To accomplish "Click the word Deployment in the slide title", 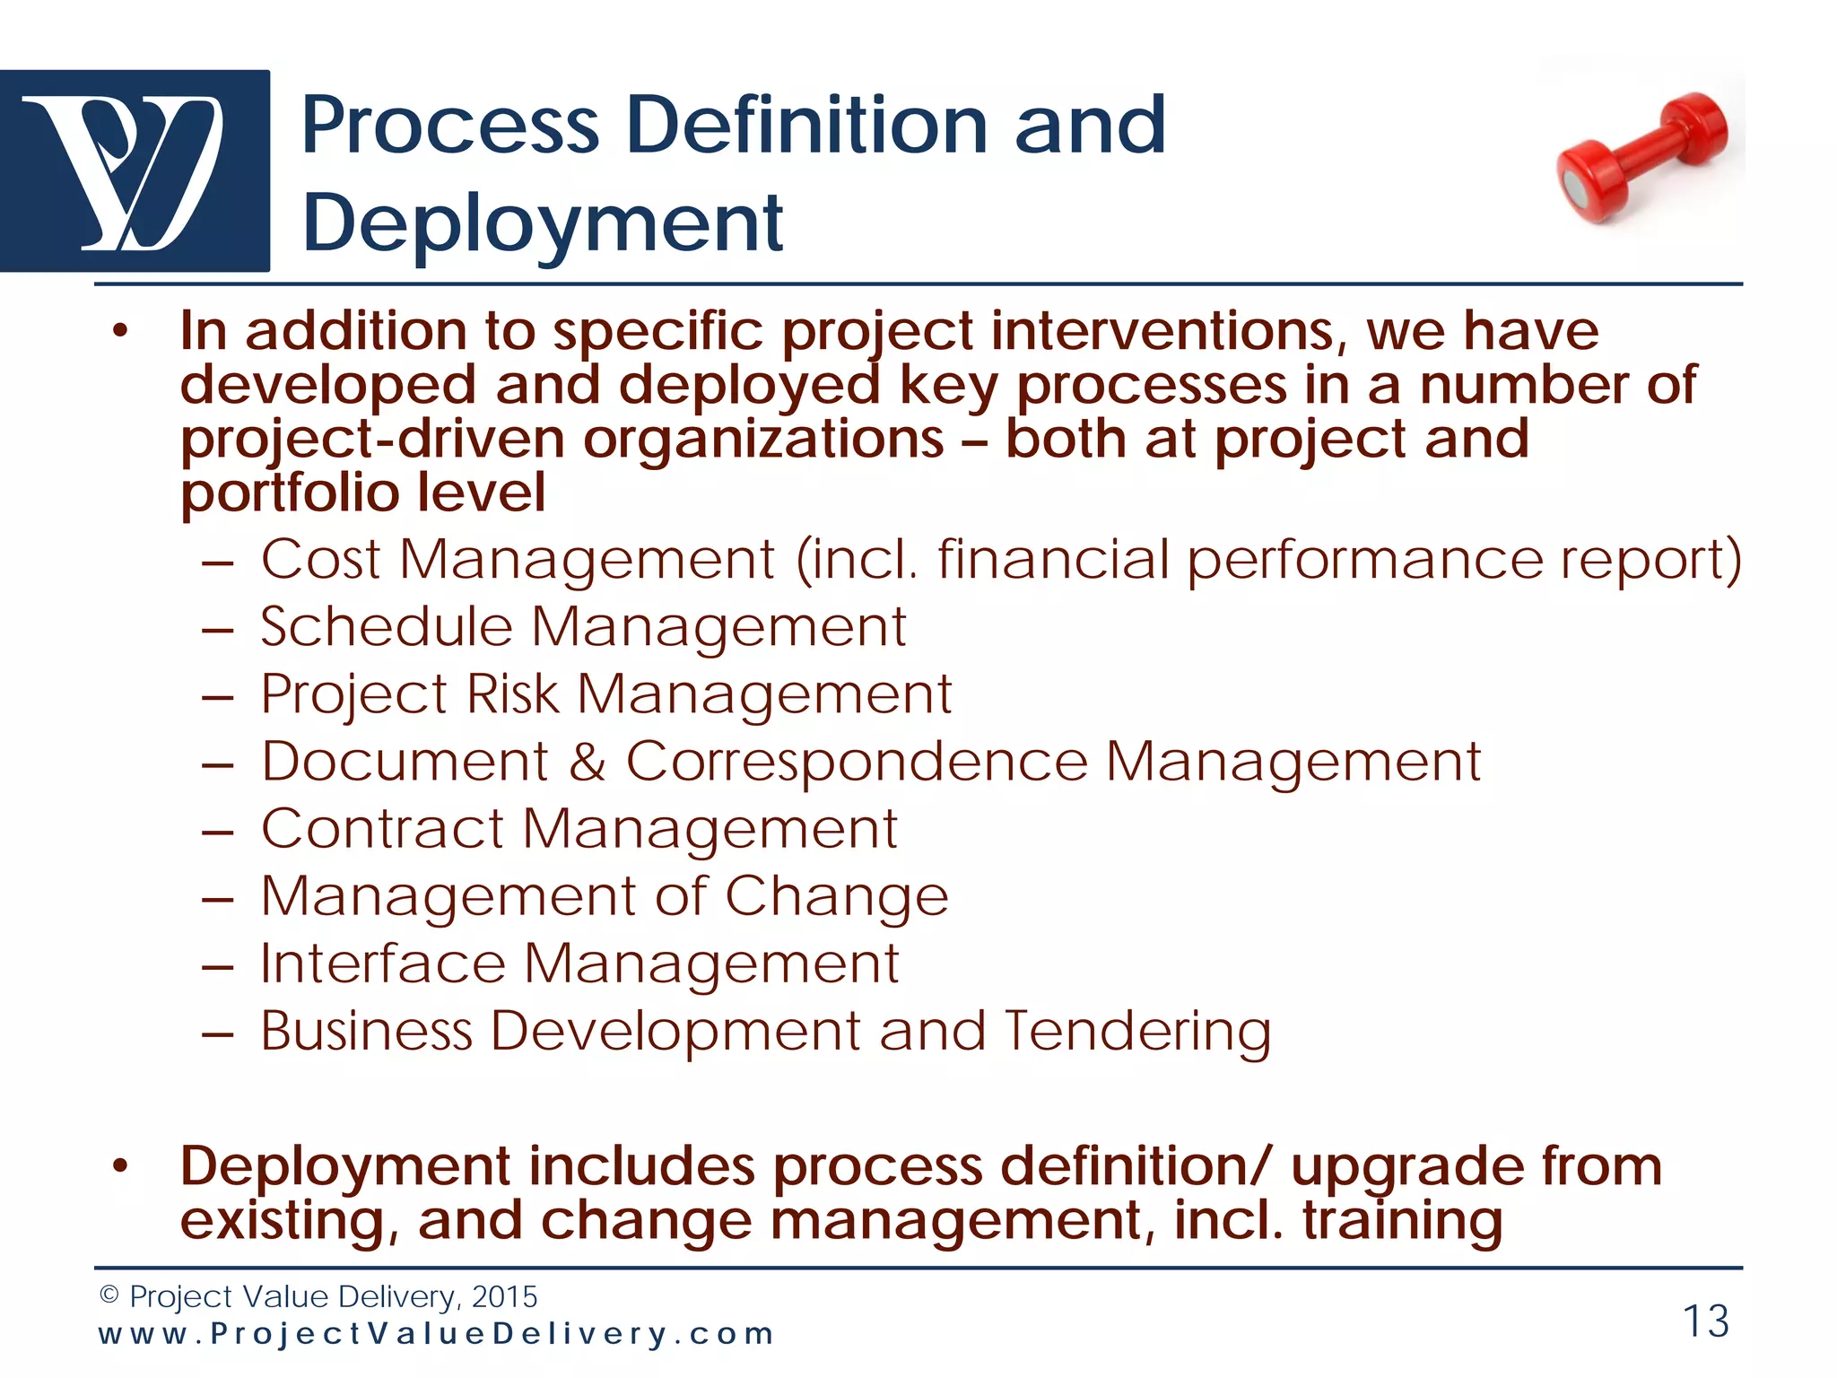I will point(543,222).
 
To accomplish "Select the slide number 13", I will point(1705,1321).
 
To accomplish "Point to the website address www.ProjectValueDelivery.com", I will point(435,1334).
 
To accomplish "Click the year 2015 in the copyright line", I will point(504,1296).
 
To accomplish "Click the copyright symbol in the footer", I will point(109,1295).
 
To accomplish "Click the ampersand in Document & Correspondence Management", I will point(587,762).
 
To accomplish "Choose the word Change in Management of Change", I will point(836,896).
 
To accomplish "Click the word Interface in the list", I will point(383,964).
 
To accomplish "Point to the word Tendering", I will point(1136,1032).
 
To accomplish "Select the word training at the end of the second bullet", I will point(1402,1222).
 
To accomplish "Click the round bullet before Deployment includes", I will point(121,1166).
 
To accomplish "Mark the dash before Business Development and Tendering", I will point(218,1033).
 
